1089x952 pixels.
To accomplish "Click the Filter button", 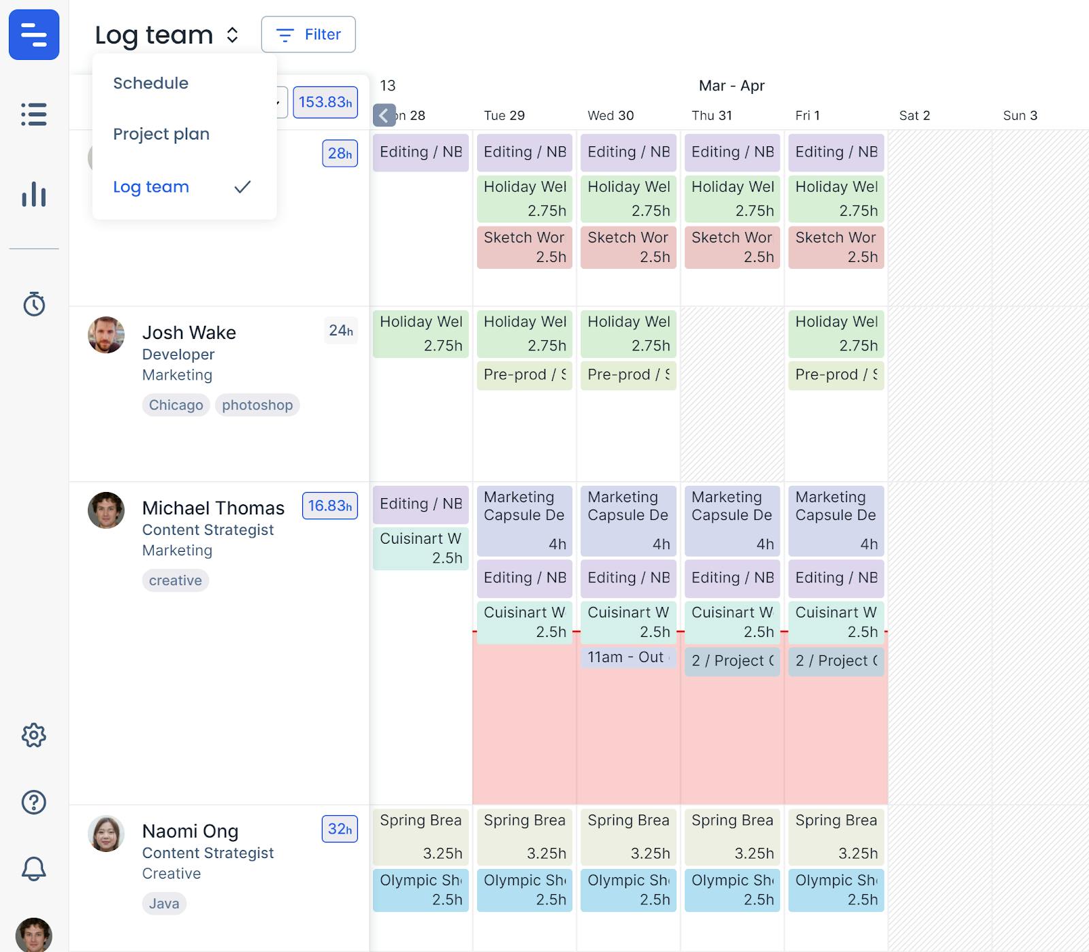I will point(308,35).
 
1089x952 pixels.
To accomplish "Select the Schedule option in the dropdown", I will point(150,83).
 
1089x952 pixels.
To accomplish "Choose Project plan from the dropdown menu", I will point(161,134).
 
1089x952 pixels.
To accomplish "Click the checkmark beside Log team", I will point(242,187).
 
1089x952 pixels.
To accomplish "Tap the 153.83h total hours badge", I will point(325,102).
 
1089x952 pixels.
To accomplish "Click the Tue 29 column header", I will point(504,116).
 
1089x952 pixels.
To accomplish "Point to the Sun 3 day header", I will point(1020,116).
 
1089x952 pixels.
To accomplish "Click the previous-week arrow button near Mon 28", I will point(384,116).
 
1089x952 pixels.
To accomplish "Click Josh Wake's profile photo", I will point(106,335).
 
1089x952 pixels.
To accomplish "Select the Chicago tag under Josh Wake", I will point(176,405).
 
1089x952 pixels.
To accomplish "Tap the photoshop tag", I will point(257,405).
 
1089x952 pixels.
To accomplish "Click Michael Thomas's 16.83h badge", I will point(329,506).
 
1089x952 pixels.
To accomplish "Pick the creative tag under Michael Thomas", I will point(176,580).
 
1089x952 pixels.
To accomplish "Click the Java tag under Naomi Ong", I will point(164,904).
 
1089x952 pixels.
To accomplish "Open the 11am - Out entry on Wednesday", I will point(628,657).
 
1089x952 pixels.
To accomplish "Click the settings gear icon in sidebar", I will point(34,735).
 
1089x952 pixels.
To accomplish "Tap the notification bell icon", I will point(34,869).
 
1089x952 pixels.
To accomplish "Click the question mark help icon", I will point(34,802).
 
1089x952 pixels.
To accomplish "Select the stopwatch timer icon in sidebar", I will point(34,304).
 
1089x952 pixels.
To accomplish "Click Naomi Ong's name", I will point(190,832).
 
